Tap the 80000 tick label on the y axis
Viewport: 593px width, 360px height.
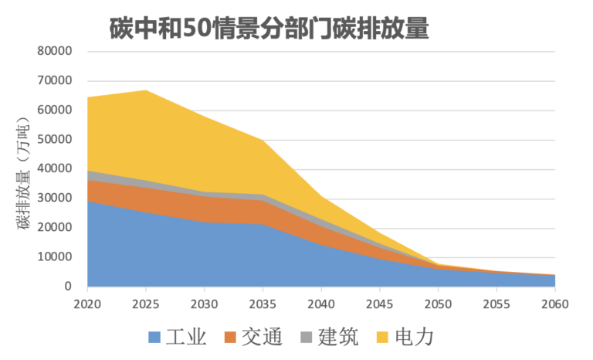pyautogui.click(x=55, y=52)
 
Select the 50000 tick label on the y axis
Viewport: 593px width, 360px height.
pyautogui.click(x=55, y=140)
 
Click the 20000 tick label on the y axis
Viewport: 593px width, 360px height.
pyautogui.click(x=55, y=228)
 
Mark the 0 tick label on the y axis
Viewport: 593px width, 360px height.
pyautogui.click(x=67, y=287)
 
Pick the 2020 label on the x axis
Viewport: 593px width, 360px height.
pyautogui.click(x=87, y=304)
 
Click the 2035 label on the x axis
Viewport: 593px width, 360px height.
pyautogui.click(x=263, y=304)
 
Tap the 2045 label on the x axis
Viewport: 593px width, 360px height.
pyautogui.click(x=380, y=304)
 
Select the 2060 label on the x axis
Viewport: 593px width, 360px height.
pyautogui.click(x=555, y=304)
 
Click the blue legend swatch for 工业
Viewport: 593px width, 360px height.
pyautogui.click(x=154, y=338)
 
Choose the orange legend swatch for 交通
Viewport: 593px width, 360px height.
pyautogui.click(x=229, y=338)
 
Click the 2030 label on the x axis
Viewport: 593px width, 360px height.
pyautogui.click(x=205, y=304)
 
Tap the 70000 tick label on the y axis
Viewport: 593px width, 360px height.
pyautogui.click(x=55, y=81)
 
